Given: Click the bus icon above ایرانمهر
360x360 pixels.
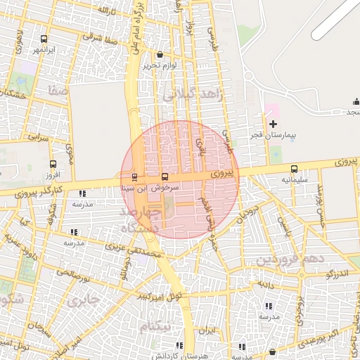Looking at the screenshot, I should tap(44, 39).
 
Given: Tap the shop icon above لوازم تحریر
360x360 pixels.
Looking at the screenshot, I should tap(160, 54).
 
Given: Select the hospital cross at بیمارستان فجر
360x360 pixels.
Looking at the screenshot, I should tap(274, 123).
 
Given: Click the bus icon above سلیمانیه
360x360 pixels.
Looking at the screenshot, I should tap(294, 169).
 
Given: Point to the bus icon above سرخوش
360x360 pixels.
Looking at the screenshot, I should tap(165, 176).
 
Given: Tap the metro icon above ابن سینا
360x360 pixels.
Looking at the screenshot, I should tap(134, 176).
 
